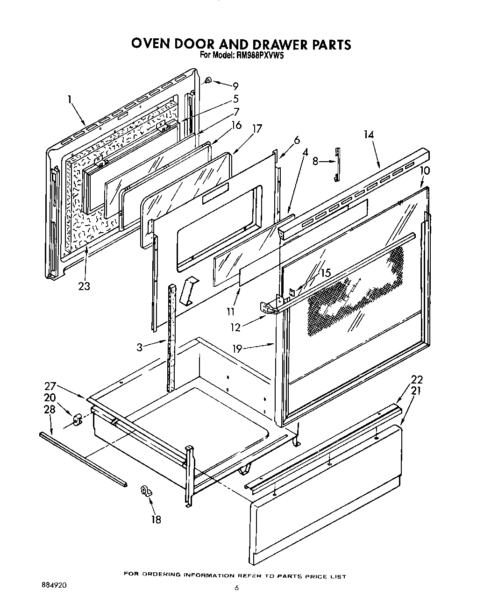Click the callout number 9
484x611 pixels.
[235, 86]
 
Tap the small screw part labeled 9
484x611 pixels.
[208, 81]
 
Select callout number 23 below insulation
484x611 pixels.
[84, 286]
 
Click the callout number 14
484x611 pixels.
[369, 135]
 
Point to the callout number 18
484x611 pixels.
[156, 519]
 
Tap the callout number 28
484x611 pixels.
[49, 409]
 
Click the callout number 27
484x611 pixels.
[50, 386]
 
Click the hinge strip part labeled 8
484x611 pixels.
[337, 163]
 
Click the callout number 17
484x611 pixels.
[257, 128]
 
